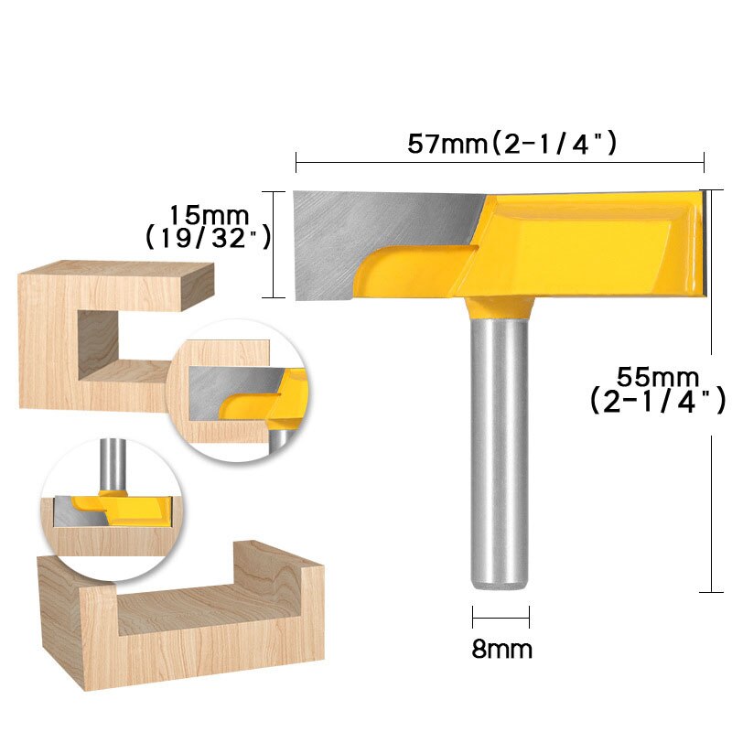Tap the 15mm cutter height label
point(210,215)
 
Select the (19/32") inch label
point(208,237)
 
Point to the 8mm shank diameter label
point(501,650)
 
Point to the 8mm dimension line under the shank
point(501,615)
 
